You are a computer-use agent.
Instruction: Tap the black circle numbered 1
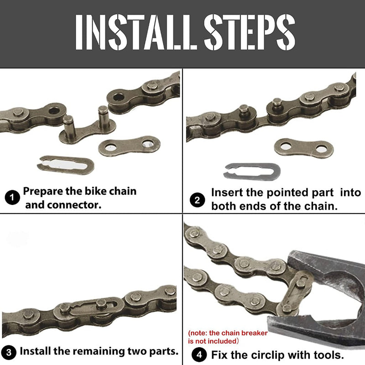tap(12, 198)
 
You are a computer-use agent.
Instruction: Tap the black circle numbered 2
tap(198, 199)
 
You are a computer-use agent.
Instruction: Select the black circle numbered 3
tap(9, 352)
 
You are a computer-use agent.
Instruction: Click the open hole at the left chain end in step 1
tap(55, 110)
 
